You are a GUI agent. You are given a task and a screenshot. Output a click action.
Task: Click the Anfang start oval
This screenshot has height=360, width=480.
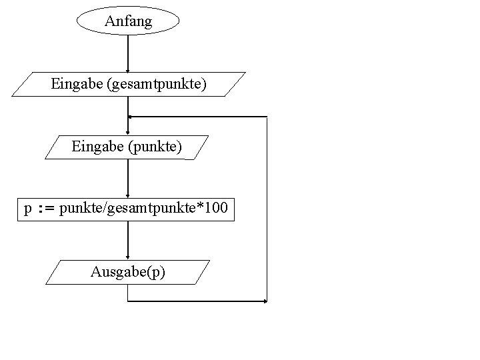point(128,21)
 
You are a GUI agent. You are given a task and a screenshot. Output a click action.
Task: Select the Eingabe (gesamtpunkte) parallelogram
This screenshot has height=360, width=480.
point(129,85)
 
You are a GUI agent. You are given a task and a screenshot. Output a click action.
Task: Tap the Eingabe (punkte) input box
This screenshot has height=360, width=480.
point(127,147)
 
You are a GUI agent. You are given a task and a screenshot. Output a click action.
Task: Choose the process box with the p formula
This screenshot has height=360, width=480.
point(126,209)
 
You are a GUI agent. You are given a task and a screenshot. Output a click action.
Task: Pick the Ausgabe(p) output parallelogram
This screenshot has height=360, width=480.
point(128,272)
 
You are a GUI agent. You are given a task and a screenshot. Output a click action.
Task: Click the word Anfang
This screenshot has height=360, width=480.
point(128,21)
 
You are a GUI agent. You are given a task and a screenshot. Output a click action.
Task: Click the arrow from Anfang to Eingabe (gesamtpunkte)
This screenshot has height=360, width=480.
point(128,53)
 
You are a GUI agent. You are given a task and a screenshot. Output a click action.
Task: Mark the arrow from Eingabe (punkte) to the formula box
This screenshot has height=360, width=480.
point(128,179)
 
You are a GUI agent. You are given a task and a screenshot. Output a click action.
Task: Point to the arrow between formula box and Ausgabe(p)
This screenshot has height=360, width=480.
point(128,240)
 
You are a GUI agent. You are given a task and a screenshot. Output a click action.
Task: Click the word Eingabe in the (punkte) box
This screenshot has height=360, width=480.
point(94,147)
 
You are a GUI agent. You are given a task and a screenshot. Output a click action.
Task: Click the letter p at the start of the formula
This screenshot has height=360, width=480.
point(27,210)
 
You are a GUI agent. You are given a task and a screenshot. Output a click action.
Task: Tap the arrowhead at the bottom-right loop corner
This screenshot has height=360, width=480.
point(265,301)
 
